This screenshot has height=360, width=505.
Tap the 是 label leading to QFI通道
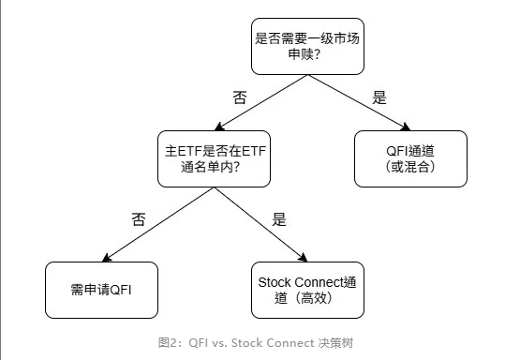[379, 97]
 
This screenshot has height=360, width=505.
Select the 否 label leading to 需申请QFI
[138, 219]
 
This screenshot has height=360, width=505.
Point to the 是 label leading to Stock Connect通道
[278, 220]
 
